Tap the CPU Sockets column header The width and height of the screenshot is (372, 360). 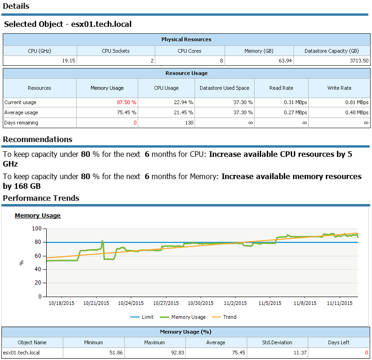pyautogui.click(x=116, y=51)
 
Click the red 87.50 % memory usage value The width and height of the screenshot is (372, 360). pyautogui.click(x=127, y=102)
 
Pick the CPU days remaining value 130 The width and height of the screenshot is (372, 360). pyautogui.click(x=189, y=123)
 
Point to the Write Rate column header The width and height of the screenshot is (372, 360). pyautogui.click(x=339, y=88)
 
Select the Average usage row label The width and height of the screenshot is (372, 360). pyautogui.click(x=21, y=112)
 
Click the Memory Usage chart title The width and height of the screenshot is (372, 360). pyautogui.click(x=37, y=216)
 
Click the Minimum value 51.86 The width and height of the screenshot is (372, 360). pyautogui.click(x=94, y=353)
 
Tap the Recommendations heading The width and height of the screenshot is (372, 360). pyautogui.click(x=37, y=139)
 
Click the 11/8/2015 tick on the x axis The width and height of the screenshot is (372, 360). pyautogui.click(x=305, y=304)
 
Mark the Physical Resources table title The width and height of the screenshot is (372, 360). pyautogui.click(x=186, y=39)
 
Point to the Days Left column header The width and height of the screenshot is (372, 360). pyautogui.click(x=339, y=342)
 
